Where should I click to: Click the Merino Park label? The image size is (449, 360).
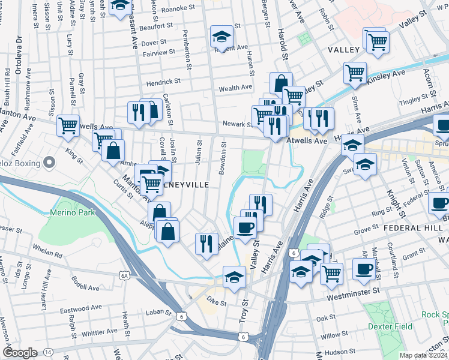click(x=66, y=212)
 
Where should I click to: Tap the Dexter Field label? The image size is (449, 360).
click(x=391, y=326)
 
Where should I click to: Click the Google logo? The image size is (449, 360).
click(x=20, y=353)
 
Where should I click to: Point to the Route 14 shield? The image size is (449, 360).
click(x=48, y=352)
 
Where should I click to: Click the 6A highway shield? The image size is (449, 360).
click(x=125, y=275)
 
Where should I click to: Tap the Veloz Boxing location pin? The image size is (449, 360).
click(x=50, y=163)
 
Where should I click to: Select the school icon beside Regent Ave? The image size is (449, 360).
click(x=221, y=37)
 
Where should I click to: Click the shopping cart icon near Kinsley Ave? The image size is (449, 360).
click(x=355, y=73)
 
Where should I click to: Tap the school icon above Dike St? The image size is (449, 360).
click(x=234, y=277)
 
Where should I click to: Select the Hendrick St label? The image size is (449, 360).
click(x=164, y=81)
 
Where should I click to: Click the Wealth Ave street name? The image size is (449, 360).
click(x=235, y=88)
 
